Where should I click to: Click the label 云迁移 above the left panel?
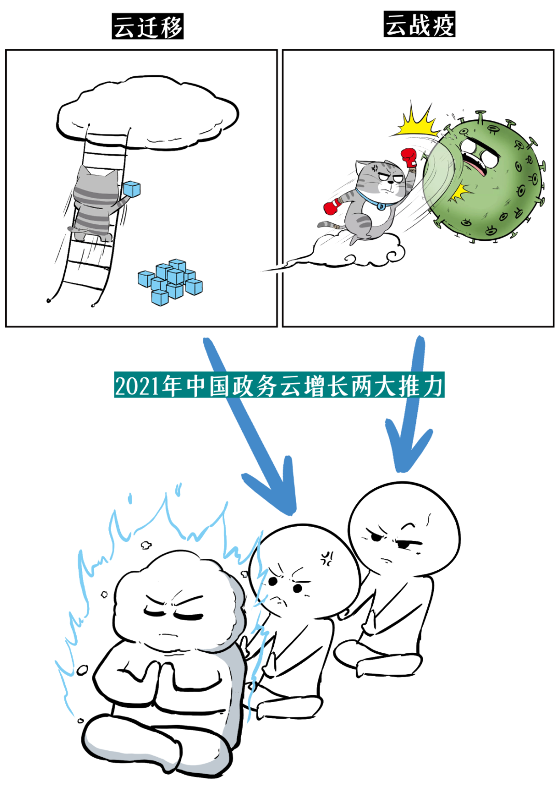[x=148, y=26]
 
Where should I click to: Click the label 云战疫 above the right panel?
[x=419, y=24]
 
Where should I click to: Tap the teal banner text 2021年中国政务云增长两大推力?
[x=279, y=386]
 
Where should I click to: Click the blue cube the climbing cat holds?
[x=132, y=189]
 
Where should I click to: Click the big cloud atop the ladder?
[x=148, y=112]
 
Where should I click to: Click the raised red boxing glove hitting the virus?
[x=409, y=157]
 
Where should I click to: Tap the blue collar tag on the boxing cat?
[x=381, y=207]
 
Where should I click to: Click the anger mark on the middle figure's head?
[x=327, y=558]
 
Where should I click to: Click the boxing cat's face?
[x=386, y=179]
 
